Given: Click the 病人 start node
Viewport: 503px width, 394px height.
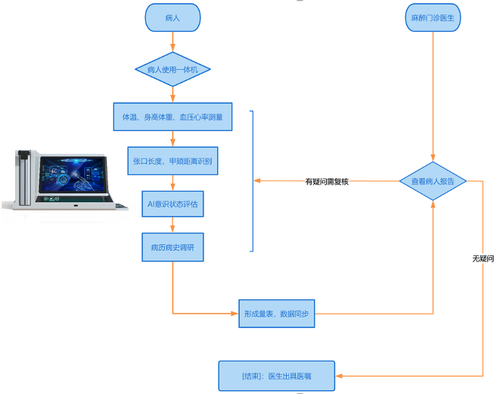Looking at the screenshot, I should [172, 17].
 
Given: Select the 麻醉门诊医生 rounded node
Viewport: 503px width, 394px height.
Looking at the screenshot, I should [433, 17].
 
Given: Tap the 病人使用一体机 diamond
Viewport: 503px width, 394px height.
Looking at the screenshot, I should [172, 70].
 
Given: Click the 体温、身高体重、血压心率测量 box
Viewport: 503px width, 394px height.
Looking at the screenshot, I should [172, 117].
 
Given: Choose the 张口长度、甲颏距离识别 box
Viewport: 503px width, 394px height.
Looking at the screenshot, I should [172, 161].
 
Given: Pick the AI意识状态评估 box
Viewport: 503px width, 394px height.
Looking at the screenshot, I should [172, 204].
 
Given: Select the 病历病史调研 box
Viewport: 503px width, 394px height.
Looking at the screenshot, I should [172, 247].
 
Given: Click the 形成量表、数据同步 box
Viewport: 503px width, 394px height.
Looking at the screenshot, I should [276, 313].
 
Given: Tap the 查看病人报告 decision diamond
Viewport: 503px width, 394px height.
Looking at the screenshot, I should [433, 181].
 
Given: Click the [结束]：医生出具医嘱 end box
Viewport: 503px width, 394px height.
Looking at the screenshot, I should [277, 375].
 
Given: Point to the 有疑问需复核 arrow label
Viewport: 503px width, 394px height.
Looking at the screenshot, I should [327, 182].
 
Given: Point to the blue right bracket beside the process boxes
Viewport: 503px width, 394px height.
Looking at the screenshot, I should [252, 180].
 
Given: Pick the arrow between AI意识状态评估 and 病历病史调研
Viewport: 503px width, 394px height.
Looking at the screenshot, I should [172, 225].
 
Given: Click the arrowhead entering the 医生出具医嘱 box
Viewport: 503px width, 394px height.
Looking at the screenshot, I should [340, 375].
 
